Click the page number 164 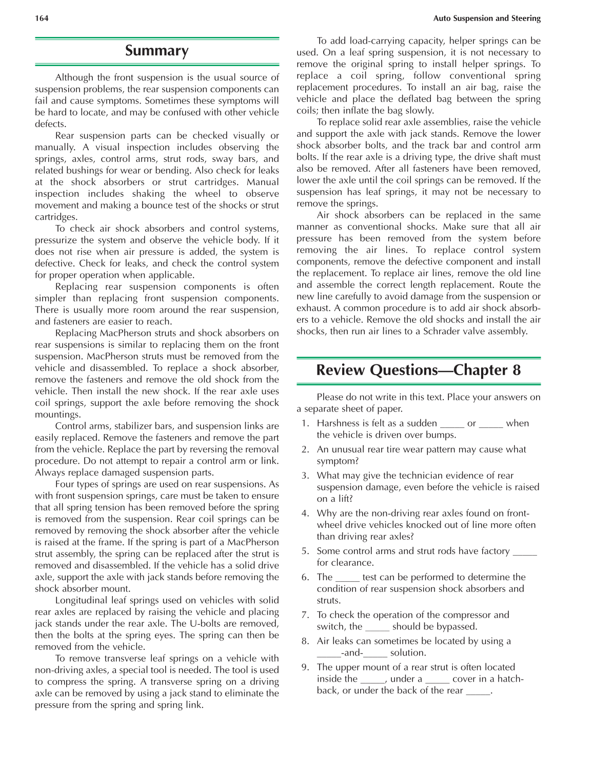pos(42,18)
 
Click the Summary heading pos(156,51)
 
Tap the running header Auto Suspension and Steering pos(486,18)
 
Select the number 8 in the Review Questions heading pos(516,370)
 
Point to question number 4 pos(305,514)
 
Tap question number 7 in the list pos(305,615)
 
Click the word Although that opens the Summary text pos(74,78)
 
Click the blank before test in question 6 pos(347,578)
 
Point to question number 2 pos(305,449)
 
